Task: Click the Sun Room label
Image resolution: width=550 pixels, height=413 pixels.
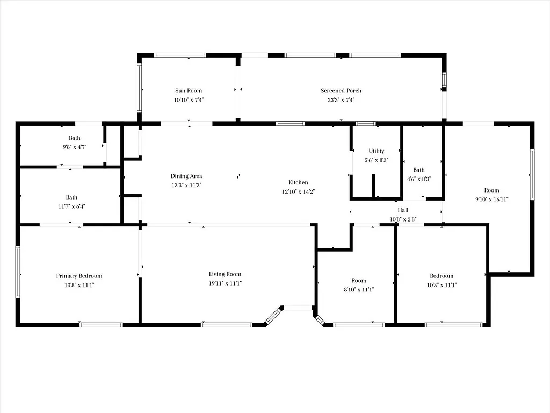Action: point(189,91)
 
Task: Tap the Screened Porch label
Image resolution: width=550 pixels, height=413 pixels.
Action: point(341,91)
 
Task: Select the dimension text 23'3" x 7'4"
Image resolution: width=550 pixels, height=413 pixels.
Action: point(341,99)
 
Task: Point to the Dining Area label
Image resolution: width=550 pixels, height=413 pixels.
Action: point(186,176)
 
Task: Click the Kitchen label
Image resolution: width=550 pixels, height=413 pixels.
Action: point(298,182)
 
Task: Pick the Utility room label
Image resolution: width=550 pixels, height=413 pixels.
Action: point(376,151)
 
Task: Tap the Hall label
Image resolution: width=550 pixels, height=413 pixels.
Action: point(403,210)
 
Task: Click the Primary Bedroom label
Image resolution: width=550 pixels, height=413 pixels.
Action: point(79,276)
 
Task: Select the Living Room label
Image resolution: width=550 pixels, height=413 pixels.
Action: point(226,274)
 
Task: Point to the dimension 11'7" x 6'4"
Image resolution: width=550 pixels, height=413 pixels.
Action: point(71,206)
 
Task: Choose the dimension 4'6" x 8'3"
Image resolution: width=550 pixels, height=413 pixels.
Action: point(418,179)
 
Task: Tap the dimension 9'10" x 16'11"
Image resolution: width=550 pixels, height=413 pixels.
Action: point(491,199)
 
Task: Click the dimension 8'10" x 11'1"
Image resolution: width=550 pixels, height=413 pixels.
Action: point(359,289)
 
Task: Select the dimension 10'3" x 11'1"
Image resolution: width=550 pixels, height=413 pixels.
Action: point(442,285)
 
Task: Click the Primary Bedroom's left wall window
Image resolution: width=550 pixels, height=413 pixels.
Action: point(18,272)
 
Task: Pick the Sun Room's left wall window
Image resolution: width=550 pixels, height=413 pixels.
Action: point(140,89)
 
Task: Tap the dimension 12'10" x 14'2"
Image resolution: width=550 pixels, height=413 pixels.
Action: point(298,191)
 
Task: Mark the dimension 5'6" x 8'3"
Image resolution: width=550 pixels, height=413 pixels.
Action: point(376,160)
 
